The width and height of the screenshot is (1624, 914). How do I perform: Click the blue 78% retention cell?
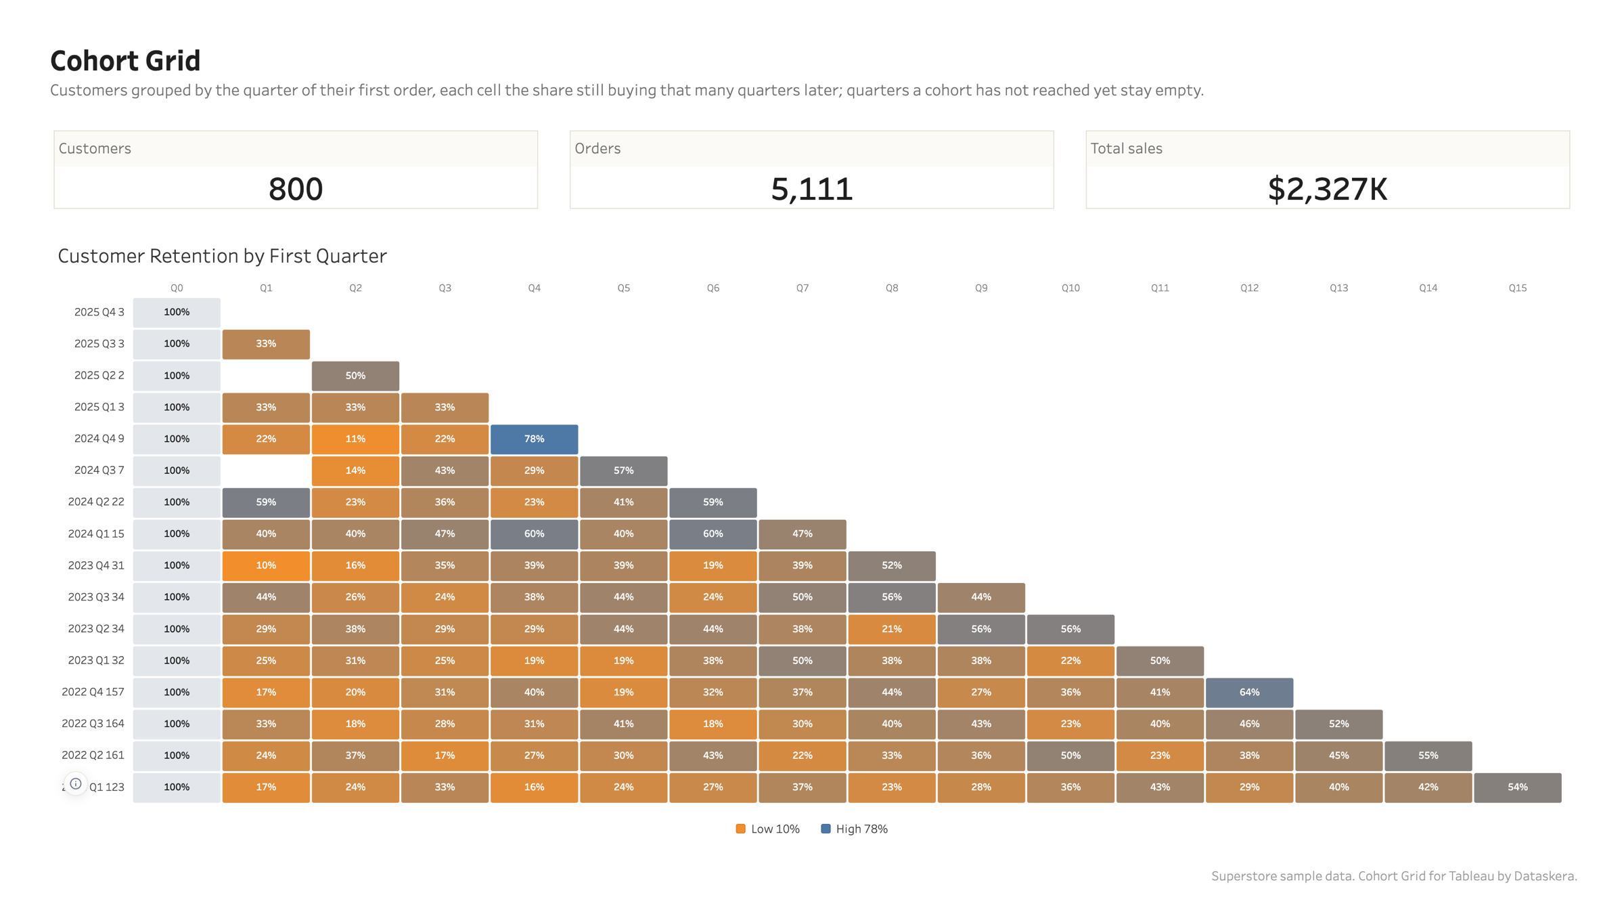(x=534, y=439)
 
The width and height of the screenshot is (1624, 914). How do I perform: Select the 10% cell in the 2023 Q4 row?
(x=266, y=565)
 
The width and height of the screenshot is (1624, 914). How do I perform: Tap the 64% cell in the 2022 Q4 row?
(x=1249, y=692)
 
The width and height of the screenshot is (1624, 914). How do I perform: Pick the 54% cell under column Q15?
(x=1518, y=787)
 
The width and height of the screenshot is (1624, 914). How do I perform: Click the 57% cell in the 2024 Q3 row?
(x=623, y=471)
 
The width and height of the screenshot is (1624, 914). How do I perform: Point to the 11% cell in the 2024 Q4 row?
(x=355, y=439)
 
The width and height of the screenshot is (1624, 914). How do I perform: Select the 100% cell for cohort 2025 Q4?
(x=177, y=312)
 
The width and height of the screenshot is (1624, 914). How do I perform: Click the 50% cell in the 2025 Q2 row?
(x=355, y=376)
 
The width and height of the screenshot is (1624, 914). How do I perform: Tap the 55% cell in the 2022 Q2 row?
(x=1428, y=756)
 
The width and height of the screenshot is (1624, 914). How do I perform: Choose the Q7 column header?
(x=803, y=288)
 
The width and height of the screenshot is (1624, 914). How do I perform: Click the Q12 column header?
(x=1249, y=288)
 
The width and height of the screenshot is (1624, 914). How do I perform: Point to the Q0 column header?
(x=177, y=288)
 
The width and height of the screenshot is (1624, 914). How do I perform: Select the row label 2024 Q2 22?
(x=96, y=502)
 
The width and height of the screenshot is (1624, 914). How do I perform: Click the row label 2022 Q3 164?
(x=93, y=723)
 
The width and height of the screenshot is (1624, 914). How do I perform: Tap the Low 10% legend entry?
(x=768, y=829)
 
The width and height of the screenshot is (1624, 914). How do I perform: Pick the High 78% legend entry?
(x=854, y=829)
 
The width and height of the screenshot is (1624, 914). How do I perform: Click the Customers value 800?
(x=296, y=189)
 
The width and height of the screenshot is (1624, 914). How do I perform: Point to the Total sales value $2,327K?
(x=1328, y=189)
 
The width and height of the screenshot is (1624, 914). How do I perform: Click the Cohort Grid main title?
(x=125, y=61)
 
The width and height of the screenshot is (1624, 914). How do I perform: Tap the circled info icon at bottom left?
(x=76, y=784)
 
